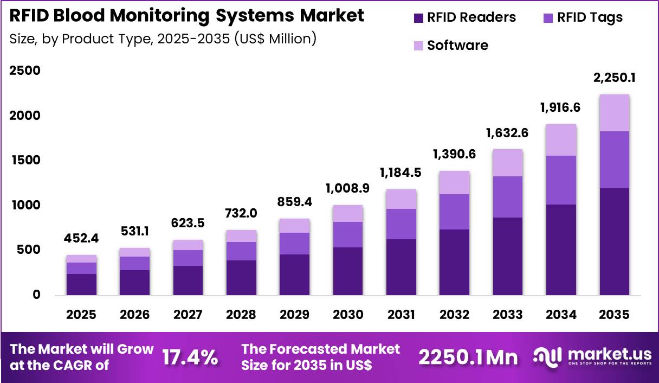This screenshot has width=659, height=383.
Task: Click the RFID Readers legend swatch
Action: pyautogui.click(x=418, y=18)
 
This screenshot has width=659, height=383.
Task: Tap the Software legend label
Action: pyautogui.click(x=457, y=46)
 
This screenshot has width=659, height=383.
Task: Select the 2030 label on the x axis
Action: pyautogui.click(x=348, y=315)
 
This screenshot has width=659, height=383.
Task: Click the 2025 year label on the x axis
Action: pyautogui.click(x=81, y=315)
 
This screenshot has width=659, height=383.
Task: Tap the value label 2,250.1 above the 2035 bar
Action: pyautogui.click(x=615, y=78)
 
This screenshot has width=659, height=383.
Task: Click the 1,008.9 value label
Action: pyautogui.click(x=348, y=189)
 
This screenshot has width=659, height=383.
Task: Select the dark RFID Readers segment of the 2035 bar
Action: pyautogui.click(x=615, y=241)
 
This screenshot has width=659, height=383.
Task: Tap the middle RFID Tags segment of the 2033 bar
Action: pyautogui.click(x=508, y=196)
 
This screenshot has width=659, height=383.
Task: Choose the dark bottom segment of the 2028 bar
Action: pyautogui.click(x=241, y=277)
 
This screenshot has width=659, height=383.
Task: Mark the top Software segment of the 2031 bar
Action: pyautogui.click(x=401, y=199)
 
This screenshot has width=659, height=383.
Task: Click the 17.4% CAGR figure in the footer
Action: pyautogui.click(x=190, y=357)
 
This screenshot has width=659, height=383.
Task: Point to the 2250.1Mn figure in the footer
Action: pyautogui.click(x=468, y=357)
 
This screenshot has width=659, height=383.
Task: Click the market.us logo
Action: pyautogui.click(x=592, y=356)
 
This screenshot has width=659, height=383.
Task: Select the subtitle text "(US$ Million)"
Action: pyautogui.click(x=275, y=39)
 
